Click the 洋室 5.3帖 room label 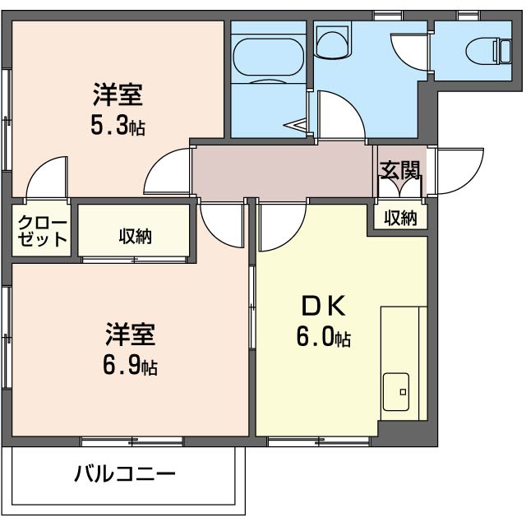(x=117, y=110)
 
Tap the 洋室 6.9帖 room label (x=130, y=349)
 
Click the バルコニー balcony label (x=125, y=474)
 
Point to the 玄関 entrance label (x=400, y=170)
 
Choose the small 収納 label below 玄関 (x=400, y=218)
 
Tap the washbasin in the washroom (x=334, y=41)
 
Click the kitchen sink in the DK (x=397, y=389)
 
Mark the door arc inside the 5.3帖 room (x=46, y=177)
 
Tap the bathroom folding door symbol (x=297, y=125)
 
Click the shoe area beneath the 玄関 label (x=399, y=189)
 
